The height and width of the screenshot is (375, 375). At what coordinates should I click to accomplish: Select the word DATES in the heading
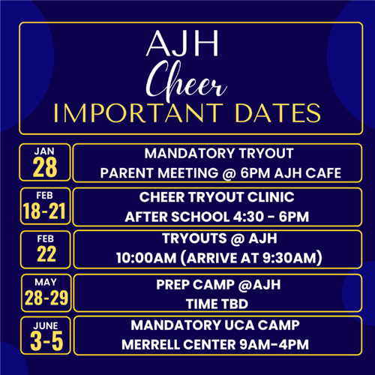pyautogui.click(x=277, y=113)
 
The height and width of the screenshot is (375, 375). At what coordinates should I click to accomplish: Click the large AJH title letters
pyautogui.click(x=182, y=43)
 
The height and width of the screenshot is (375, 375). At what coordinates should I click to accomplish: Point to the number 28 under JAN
pyautogui.click(x=45, y=167)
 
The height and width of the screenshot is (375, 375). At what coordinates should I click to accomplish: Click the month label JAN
pyautogui.click(x=44, y=151)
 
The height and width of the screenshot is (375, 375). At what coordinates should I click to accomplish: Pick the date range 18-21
pyautogui.click(x=44, y=211)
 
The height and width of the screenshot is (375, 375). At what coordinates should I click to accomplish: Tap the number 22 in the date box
pyautogui.click(x=46, y=254)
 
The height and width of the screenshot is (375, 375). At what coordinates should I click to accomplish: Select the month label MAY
pyautogui.click(x=46, y=282)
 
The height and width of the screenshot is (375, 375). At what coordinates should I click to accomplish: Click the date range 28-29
pyautogui.click(x=46, y=298)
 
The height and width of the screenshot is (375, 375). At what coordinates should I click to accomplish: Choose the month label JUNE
pyautogui.click(x=46, y=325)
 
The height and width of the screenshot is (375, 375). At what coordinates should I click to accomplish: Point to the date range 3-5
pyautogui.click(x=46, y=341)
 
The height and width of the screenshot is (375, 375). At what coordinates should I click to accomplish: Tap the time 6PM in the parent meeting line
pyautogui.click(x=255, y=173)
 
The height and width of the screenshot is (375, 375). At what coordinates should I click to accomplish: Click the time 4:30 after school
pyautogui.click(x=248, y=217)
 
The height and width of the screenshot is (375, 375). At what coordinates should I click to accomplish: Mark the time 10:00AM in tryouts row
pyautogui.click(x=146, y=258)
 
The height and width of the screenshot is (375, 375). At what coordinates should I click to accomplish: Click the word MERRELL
pyautogui.click(x=150, y=345)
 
